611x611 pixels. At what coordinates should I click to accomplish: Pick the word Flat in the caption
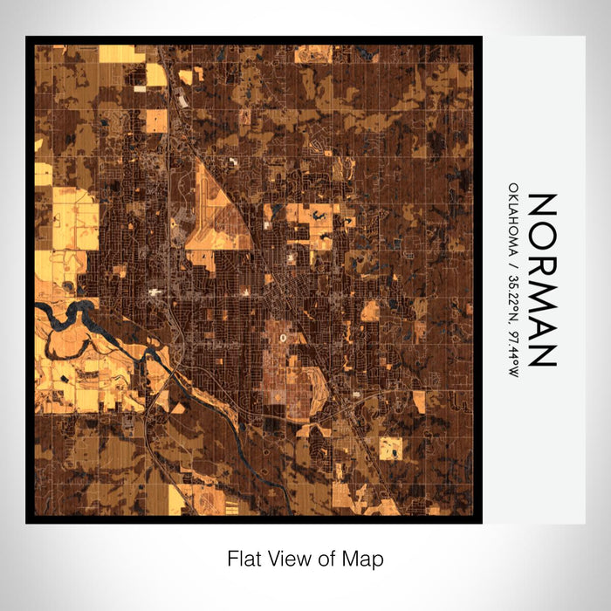(x=243, y=557)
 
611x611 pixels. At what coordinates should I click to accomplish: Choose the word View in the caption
(x=283, y=557)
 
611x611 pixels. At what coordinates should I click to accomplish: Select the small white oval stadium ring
(x=281, y=333)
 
